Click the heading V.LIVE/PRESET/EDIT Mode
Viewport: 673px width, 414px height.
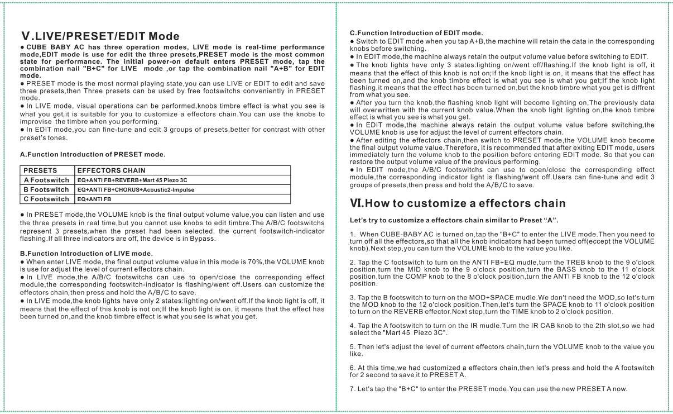(99, 36)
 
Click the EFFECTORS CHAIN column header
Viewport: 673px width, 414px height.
(111, 170)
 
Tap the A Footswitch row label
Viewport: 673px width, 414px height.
(47, 180)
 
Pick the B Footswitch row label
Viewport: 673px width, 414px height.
(47, 189)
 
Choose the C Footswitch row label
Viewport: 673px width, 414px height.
(47, 198)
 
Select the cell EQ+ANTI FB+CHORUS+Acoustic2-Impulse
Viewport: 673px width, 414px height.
(136, 190)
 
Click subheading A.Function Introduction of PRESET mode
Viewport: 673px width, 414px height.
(93, 154)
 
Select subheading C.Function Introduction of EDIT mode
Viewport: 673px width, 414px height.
(416, 33)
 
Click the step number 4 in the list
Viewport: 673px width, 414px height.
(352, 326)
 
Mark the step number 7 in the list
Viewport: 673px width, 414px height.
(352, 389)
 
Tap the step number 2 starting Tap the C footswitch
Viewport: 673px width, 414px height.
(352, 262)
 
